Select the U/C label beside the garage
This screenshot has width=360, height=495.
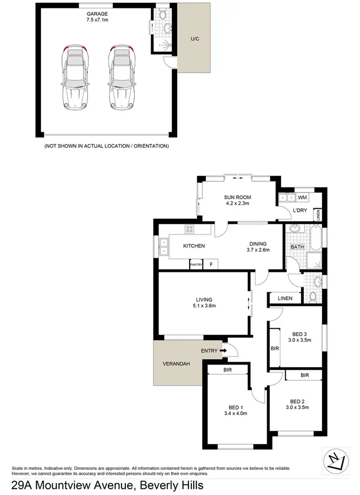coord(194,39)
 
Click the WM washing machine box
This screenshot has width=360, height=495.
coord(302,198)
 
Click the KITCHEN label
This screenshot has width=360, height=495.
coord(194,246)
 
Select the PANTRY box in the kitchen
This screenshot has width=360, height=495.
coord(196,265)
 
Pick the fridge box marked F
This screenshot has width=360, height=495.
coord(211,265)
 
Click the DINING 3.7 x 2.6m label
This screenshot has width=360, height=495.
coord(257,246)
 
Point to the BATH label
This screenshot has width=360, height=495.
coord(297,247)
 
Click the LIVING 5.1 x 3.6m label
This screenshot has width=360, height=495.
coord(204,303)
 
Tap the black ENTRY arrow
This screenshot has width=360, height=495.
coord(223,351)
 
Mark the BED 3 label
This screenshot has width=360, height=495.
coord(300,337)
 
